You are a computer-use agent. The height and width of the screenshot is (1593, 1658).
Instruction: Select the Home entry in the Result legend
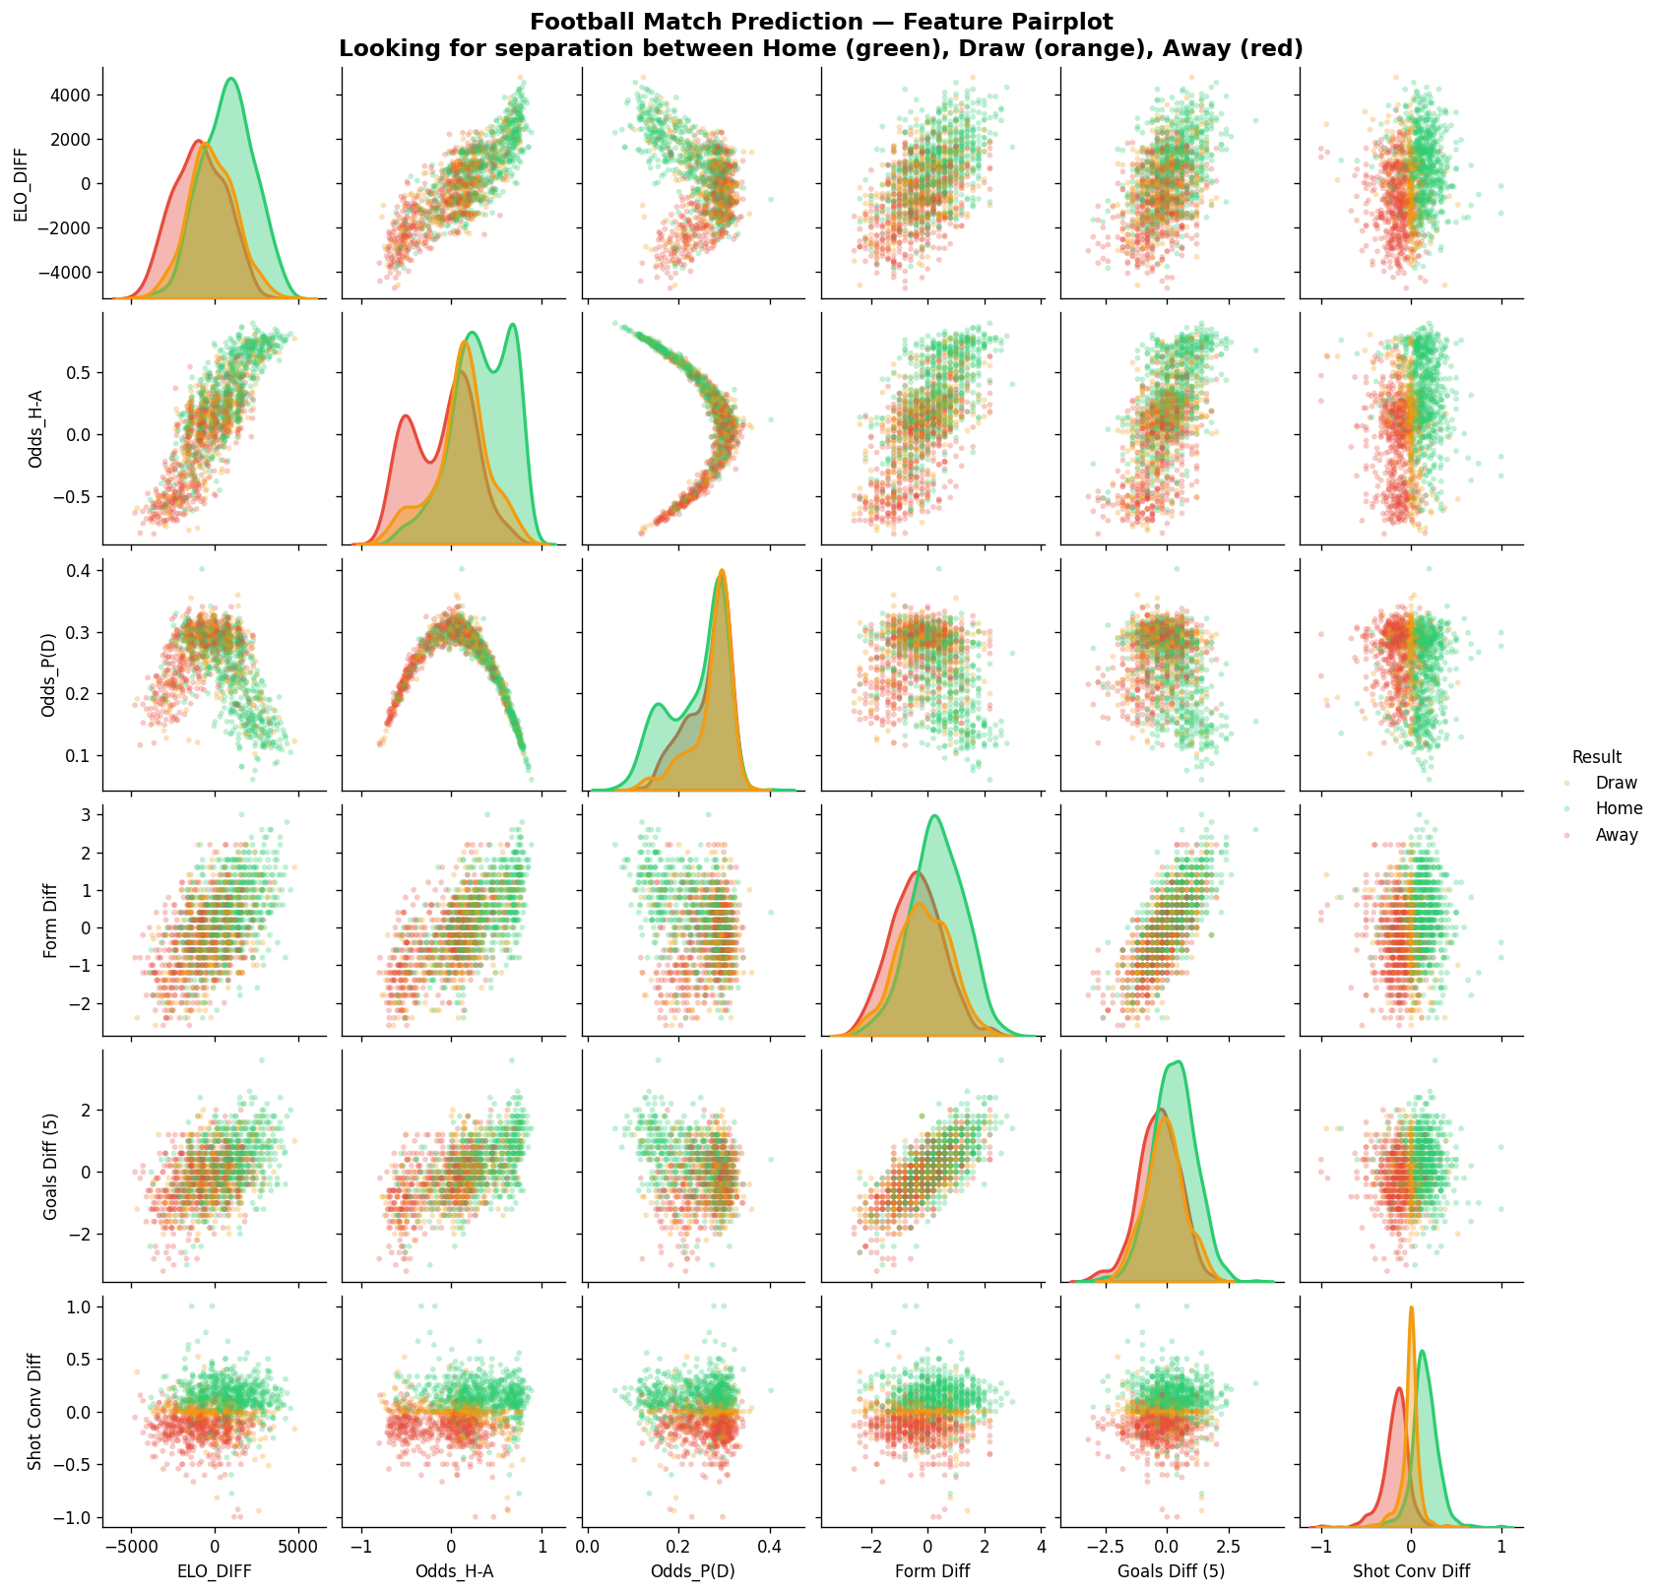1619,808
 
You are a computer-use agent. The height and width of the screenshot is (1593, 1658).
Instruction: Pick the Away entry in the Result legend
1617,835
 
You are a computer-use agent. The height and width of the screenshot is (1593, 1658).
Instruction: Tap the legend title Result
1597,757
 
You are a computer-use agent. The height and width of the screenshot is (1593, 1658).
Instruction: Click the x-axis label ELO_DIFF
214,1572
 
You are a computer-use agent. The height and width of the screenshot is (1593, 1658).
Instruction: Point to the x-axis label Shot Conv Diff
1411,1572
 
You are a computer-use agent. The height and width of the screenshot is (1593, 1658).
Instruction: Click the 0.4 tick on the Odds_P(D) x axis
770,1548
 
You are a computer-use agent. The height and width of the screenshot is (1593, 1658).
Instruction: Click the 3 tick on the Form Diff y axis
86,814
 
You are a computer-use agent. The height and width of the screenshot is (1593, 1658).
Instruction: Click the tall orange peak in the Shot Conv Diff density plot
1411,1308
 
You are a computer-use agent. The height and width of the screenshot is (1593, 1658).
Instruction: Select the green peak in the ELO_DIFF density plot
230,79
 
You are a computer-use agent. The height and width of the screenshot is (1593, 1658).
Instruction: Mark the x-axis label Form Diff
931,1572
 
